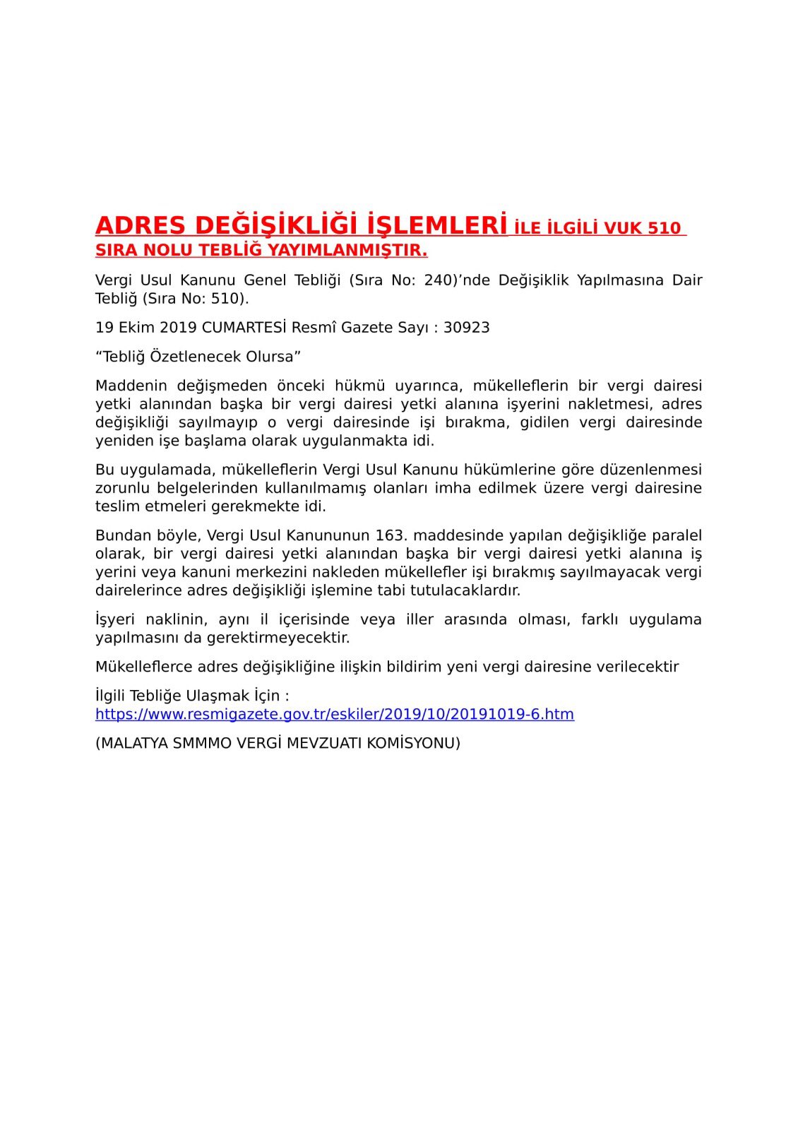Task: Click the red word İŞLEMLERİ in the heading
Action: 438,225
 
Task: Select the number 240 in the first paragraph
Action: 437,280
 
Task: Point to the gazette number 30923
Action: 466,328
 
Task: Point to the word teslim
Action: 117,506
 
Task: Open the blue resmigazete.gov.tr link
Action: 335,714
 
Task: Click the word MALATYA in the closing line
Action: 131,743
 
